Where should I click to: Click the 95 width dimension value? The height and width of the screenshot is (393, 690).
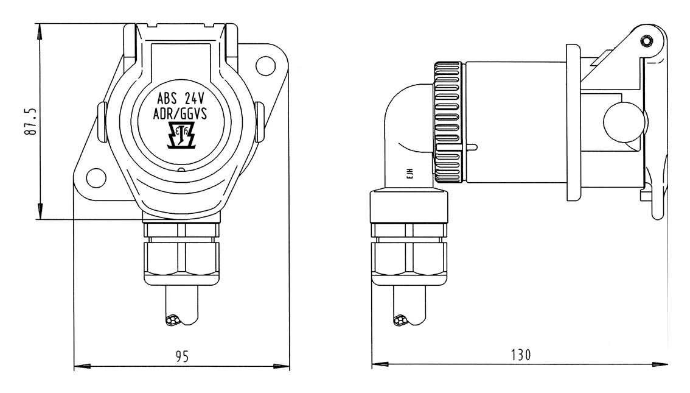pos(182,356)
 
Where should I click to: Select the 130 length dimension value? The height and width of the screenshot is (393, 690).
pos(521,355)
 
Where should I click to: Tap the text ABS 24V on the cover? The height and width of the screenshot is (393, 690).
pos(181,98)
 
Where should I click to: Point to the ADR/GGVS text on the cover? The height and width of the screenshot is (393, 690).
pos(180,114)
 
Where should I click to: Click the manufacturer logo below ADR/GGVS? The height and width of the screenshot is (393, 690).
pos(181,135)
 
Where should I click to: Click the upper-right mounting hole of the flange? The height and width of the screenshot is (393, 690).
pos(266,65)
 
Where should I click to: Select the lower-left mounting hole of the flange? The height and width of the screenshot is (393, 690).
pos(96,178)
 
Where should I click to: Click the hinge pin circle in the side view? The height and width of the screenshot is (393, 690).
pos(646,41)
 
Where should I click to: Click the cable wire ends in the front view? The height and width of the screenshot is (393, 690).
pos(173,320)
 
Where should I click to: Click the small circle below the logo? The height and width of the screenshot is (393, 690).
pos(181,169)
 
